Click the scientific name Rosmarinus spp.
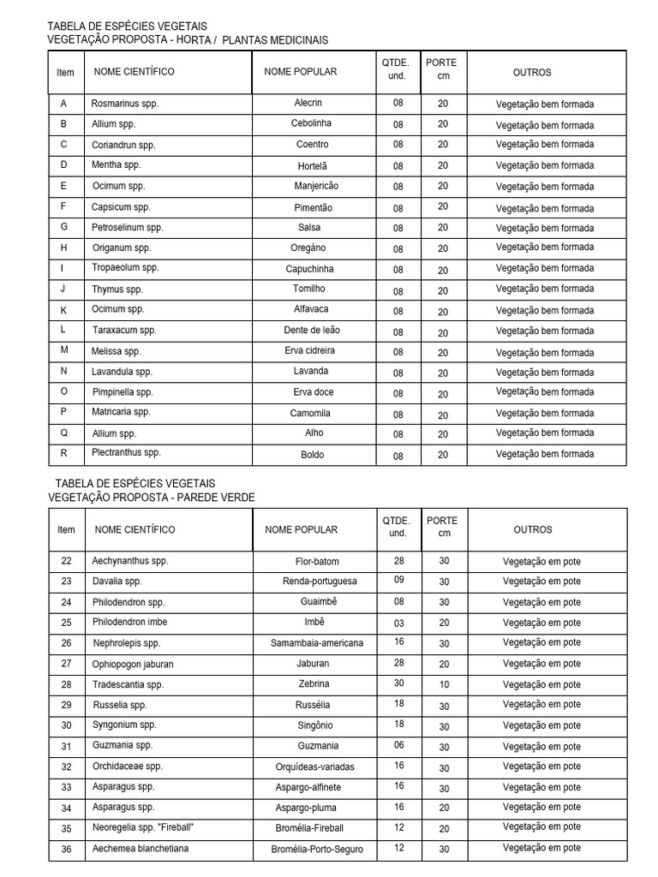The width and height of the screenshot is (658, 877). coord(125,104)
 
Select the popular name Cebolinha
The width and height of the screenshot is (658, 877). coord(308,124)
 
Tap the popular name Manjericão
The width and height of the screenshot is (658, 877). coord(315,186)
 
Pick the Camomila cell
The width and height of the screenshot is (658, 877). coord(309,413)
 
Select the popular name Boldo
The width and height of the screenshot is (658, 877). coord(312,455)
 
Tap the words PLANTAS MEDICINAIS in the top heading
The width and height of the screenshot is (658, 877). coord(275,40)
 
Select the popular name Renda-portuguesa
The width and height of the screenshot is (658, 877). coord(320,582)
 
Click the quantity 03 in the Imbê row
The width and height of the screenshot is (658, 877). coord(398,623)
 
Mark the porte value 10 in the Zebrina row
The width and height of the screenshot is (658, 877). coord(443,684)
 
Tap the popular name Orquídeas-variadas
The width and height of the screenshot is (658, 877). coord(314,767)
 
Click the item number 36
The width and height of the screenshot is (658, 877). coord(66,849)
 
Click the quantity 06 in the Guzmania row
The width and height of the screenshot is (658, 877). coord(398,746)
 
